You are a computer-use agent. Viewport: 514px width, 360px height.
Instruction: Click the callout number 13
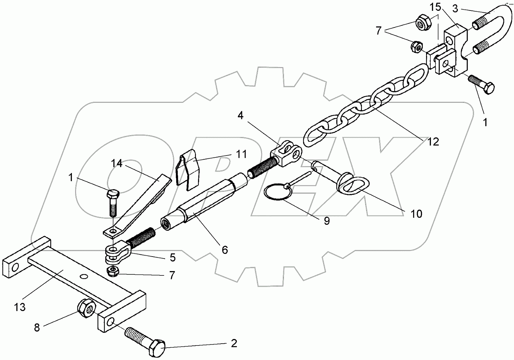click(20, 307)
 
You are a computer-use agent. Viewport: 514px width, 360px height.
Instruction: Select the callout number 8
click(37, 328)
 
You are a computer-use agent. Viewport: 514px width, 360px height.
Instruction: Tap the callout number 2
click(234, 343)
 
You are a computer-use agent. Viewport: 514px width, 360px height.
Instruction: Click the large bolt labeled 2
click(145, 341)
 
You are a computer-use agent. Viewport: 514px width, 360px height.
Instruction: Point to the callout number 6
click(225, 250)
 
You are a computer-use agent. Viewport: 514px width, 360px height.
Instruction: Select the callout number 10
click(417, 214)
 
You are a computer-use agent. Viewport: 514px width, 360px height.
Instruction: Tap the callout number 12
click(433, 142)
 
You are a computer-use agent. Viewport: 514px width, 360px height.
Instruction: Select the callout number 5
click(172, 257)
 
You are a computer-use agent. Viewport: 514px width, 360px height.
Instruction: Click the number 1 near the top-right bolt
click(485, 123)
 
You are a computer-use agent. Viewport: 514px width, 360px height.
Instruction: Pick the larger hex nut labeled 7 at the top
click(421, 23)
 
